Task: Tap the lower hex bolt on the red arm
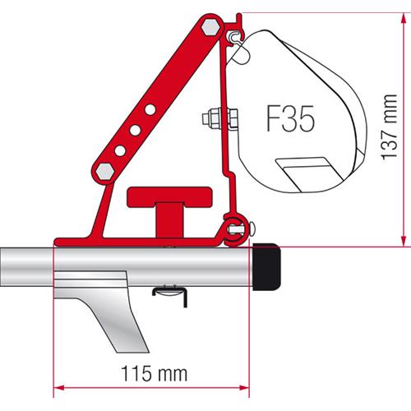106,170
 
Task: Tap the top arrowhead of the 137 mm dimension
404,18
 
